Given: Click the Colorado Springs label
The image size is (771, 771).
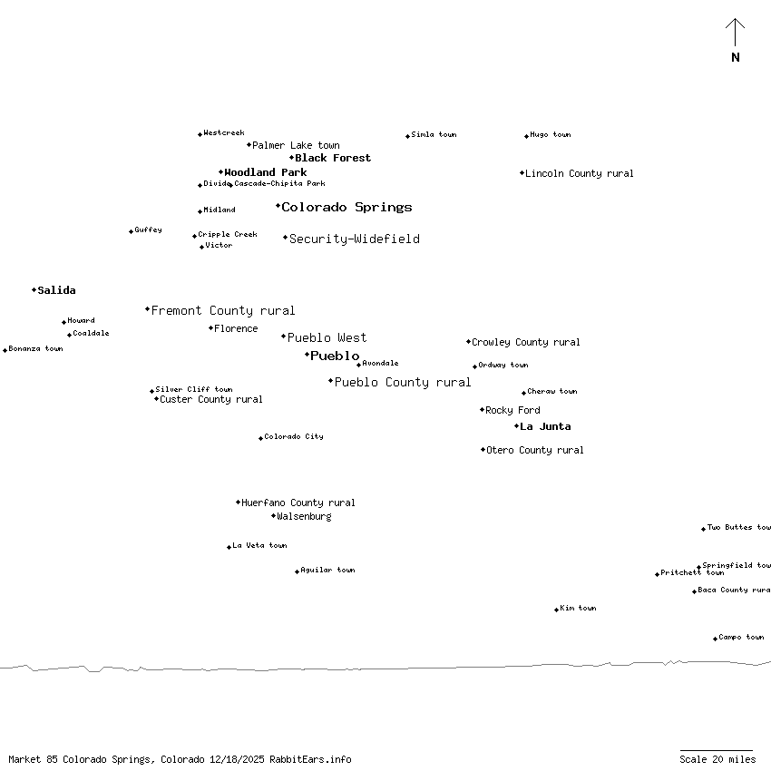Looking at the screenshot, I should tap(346, 207).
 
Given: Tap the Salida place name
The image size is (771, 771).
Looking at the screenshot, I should tap(56, 290).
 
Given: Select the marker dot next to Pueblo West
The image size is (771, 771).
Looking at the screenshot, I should tap(283, 337).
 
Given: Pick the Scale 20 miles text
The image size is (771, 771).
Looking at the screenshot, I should tap(717, 759).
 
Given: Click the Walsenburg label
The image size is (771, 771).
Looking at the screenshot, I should tap(304, 516).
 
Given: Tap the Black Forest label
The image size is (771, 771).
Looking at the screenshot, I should tap(333, 158).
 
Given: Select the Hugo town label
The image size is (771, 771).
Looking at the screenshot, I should tap(551, 134).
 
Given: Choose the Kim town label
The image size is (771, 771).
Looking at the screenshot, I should tap(578, 608).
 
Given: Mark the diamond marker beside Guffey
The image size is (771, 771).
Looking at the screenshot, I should tap(131, 231).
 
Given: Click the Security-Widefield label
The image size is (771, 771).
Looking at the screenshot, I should tap(354, 239).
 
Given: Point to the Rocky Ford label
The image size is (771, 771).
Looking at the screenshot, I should tap(512, 410).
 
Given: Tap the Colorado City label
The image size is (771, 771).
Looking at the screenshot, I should tap(294, 436).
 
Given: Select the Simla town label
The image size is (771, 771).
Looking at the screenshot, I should tap(434, 134).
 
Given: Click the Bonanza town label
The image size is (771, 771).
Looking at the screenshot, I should tap(35, 348).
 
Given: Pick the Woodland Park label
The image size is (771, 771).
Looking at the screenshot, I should tap(266, 172).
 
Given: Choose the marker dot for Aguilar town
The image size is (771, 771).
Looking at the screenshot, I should tap(297, 571).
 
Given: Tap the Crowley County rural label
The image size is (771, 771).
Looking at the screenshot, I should tap(526, 342).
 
